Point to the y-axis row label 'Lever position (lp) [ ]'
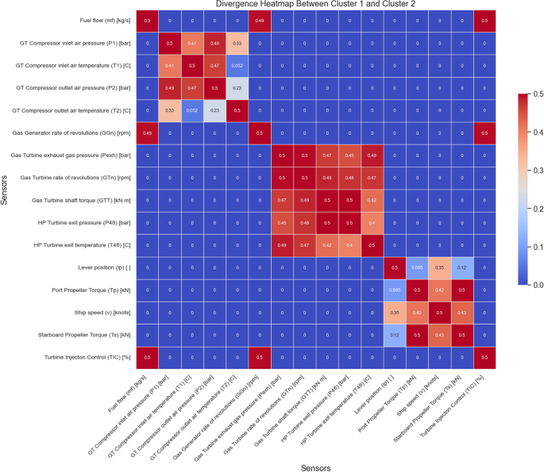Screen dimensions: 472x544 point(106,269)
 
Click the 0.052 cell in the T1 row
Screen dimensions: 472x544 point(237,64)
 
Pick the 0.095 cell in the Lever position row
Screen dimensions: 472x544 point(418,269)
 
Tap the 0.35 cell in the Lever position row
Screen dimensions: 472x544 point(440,269)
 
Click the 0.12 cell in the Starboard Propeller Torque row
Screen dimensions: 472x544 point(395,337)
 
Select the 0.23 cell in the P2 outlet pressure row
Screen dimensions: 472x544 point(237,87)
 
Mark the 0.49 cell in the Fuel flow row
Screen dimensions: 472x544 point(260,19)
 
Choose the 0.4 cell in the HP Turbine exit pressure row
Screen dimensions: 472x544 point(350,224)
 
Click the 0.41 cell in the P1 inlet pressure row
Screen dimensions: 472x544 point(191,42)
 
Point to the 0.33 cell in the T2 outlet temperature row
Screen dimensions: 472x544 point(169,110)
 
